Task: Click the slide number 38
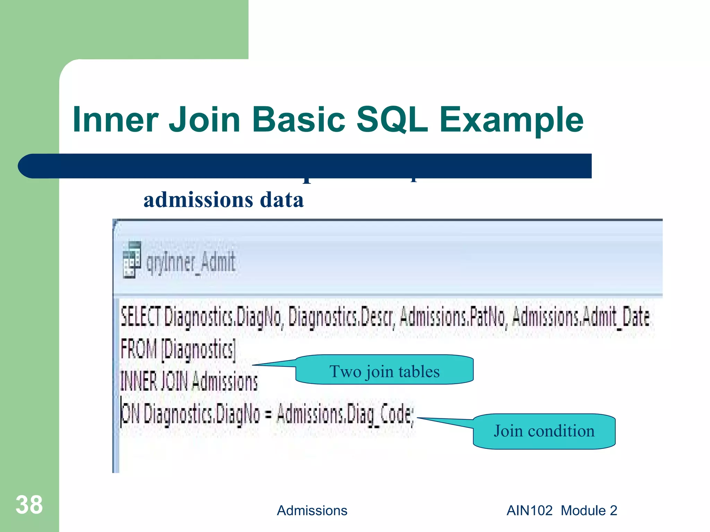[29, 505]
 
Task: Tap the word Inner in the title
[115, 119]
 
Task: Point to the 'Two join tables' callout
[384, 371]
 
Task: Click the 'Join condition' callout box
[544, 431]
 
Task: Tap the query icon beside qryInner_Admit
[132, 260]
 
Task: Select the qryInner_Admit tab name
[191, 262]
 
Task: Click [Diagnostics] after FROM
[199, 350]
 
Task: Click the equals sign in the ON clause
[268, 414]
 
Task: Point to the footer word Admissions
[312, 511]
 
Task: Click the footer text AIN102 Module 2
[562, 511]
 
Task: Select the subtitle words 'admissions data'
[224, 200]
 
